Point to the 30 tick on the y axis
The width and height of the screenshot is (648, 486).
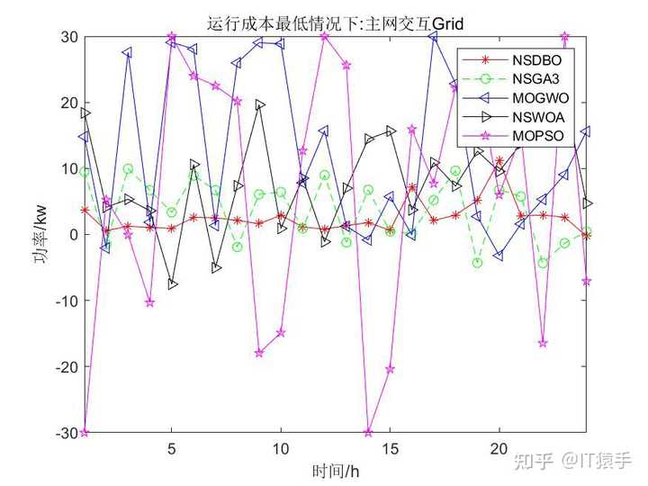point(69,37)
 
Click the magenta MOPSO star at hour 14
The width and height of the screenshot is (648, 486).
point(368,433)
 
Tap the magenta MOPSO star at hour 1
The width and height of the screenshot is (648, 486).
point(85,432)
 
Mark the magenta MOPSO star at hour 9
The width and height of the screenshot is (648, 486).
point(259,353)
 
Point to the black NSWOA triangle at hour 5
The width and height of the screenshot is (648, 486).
point(172,284)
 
